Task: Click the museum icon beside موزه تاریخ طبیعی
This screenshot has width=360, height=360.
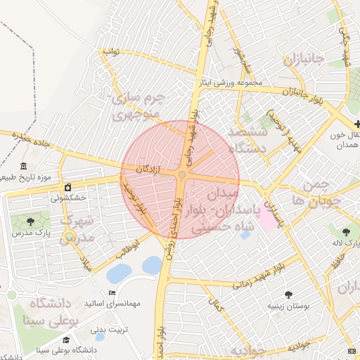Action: tap(24, 167)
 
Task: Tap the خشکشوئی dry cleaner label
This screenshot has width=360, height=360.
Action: tap(67, 198)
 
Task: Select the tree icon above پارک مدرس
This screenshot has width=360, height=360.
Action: tap(29, 221)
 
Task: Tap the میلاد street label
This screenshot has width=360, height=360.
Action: tap(86, 263)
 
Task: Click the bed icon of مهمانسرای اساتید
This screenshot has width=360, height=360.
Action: tap(111, 293)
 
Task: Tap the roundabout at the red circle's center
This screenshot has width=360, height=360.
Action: tap(182, 175)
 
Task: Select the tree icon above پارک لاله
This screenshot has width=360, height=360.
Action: tap(346, 231)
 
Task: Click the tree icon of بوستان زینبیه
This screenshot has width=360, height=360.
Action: tap(288, 295)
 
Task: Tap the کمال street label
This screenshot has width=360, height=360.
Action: tap(215, 304)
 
